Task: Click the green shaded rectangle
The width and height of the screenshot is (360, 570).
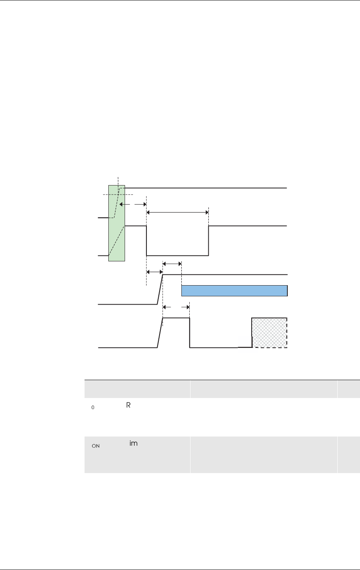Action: tap(117, 223)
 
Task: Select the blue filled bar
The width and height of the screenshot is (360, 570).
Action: tap(235, 291)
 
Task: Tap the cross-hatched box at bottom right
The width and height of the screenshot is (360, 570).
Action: tap(270, 332)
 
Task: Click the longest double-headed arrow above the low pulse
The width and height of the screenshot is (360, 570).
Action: tap(177, 212)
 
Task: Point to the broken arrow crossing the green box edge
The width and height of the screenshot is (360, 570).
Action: tap(133, 204)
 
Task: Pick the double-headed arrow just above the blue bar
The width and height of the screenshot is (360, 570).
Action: tap(172, 264)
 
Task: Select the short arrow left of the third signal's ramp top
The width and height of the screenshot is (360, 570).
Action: tap(154, 272)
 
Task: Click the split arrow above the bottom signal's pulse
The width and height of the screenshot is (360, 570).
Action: tap(176, 307)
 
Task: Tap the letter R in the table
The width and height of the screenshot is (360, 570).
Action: tap(128, 405)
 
